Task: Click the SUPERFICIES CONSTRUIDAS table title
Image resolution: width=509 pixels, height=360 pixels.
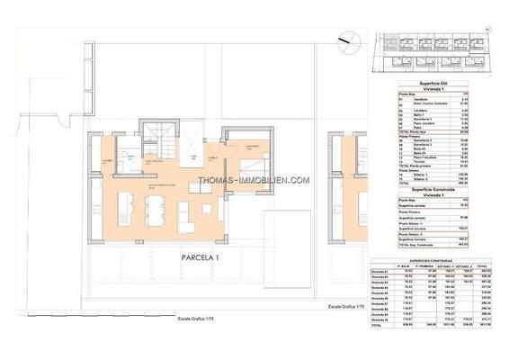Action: pyautogui.click(x=436, y=258)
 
